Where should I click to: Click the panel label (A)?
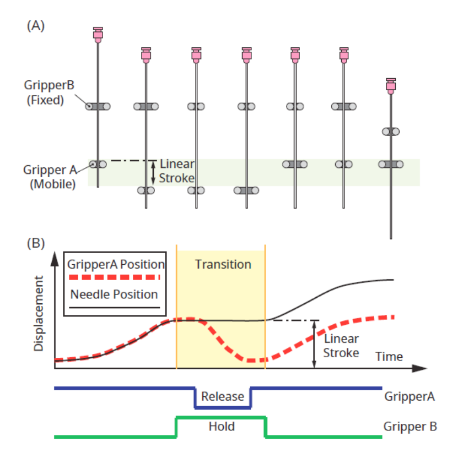36,26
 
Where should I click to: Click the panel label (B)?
36,243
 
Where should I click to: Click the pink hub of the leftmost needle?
98,35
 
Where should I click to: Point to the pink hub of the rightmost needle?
391,85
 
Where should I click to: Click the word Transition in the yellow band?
223,264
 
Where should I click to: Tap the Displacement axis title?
39,314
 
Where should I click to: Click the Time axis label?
389,356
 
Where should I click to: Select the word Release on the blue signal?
222,396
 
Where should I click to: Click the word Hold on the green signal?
222,427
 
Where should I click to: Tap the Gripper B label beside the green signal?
410,427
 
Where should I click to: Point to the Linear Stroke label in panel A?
177,171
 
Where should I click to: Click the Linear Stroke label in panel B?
341,346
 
